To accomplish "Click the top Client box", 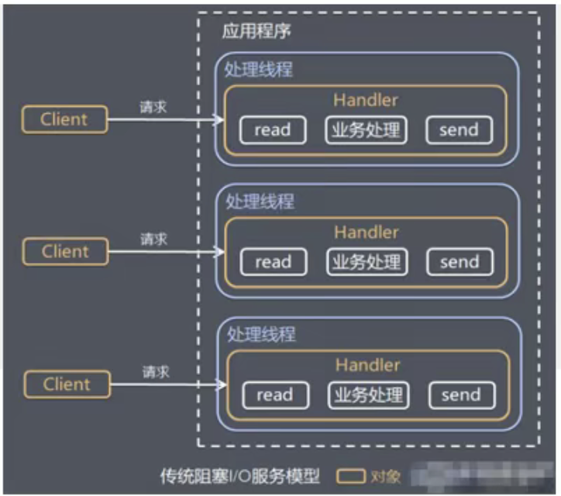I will [64, 119].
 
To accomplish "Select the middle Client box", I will [65, 251].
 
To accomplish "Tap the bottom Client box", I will [67, 384].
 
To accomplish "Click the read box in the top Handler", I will [272, 130].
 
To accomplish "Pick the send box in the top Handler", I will [459, 130].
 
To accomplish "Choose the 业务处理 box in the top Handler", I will [365, 129].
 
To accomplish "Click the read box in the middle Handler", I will [273, 262].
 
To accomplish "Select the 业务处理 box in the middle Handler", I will [366, 262].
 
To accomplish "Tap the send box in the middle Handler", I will [459, 262].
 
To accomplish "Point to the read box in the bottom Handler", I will [274, 395].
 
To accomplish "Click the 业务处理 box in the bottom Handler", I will [367, 394].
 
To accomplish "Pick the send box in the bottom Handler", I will [461, 395].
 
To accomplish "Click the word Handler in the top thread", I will [366, 100].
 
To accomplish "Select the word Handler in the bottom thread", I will [367, 365].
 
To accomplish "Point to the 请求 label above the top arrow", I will [153, 107].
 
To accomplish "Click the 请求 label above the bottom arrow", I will [156, 372].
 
